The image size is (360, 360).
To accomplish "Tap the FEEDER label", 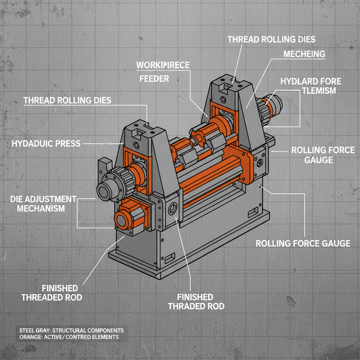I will pos(154,78).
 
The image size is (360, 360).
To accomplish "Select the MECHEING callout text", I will pos(304,54).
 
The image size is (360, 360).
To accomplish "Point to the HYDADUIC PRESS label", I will pos(46,143).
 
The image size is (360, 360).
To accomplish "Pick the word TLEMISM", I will pos(319,91).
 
